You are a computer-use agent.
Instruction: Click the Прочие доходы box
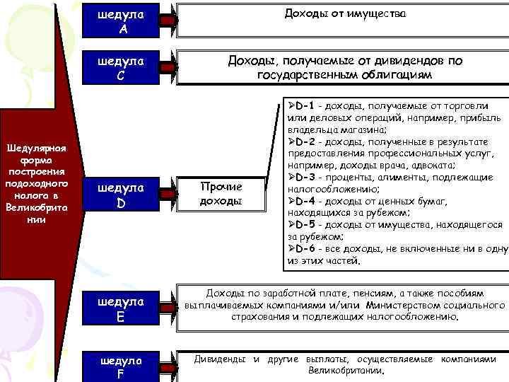click(x=221, y=194)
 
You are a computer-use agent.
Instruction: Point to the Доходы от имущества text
click(x=346, y=13)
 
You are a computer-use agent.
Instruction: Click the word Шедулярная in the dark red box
click(x=35, y=148)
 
